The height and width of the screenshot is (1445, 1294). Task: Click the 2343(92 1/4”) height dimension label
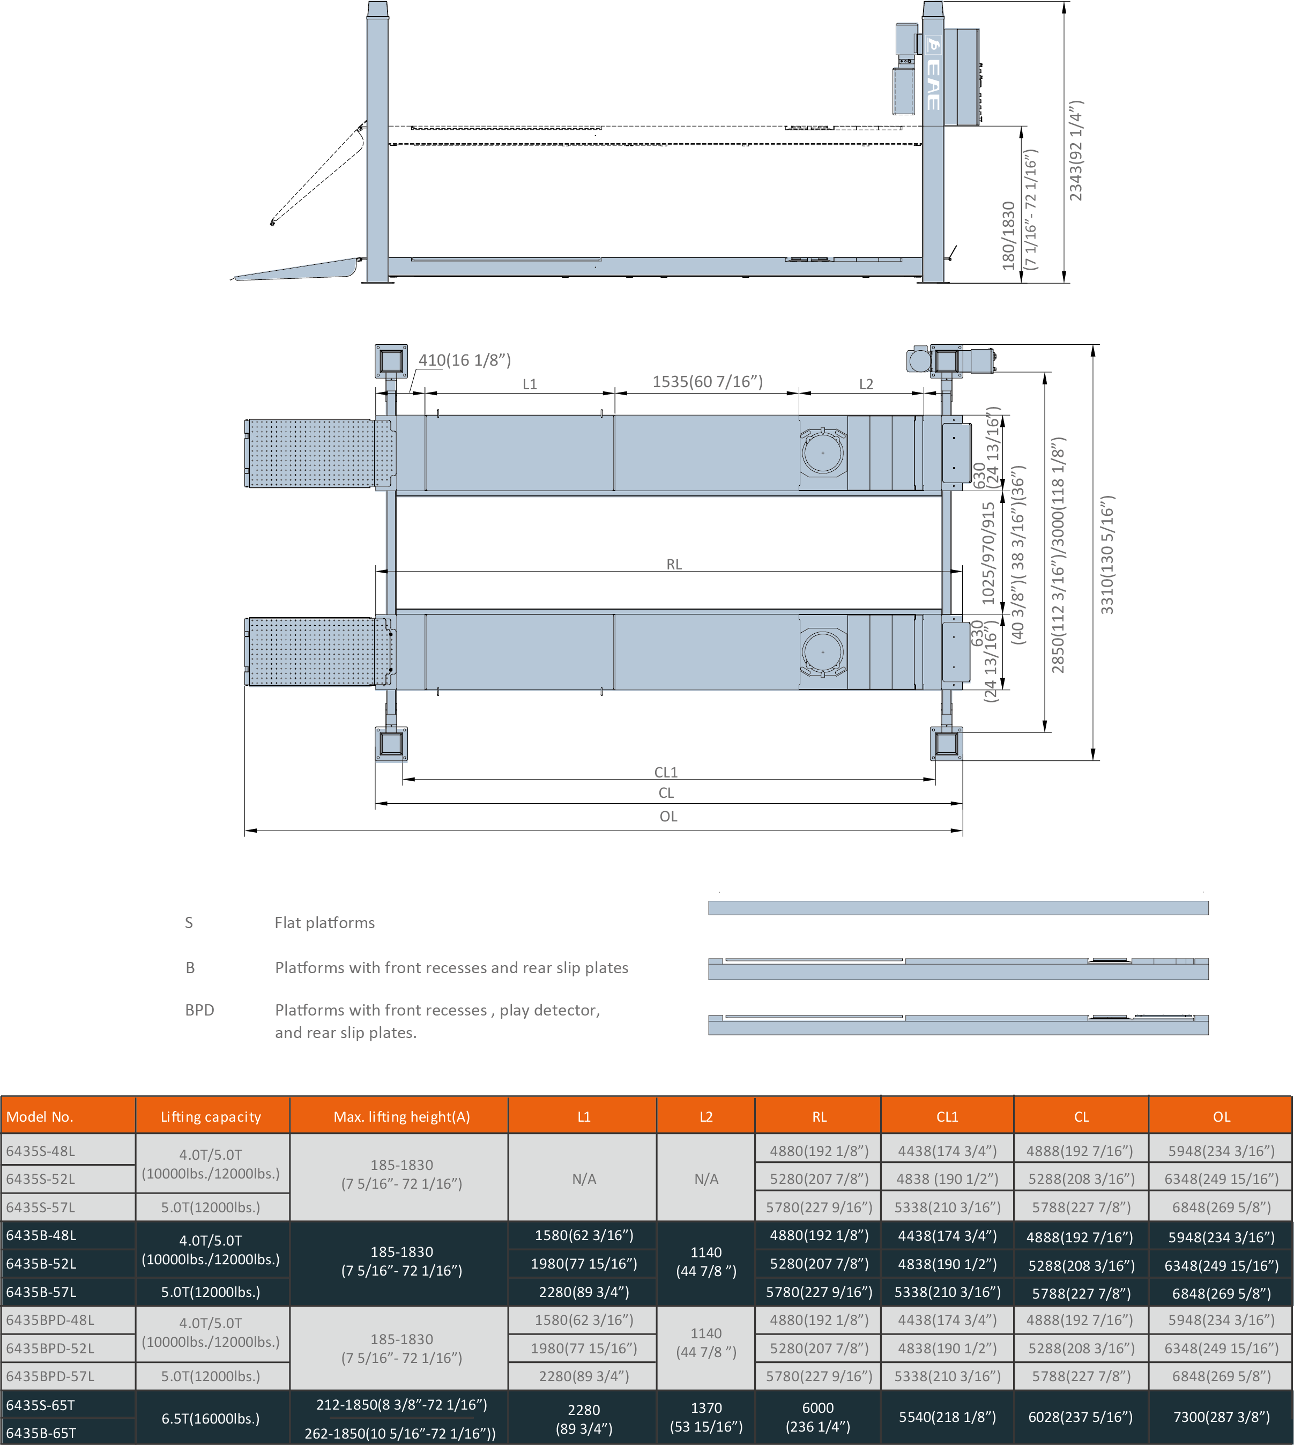coord(1076,151)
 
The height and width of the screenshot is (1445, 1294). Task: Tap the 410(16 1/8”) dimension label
coord(464,360)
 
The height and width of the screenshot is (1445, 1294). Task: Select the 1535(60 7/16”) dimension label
coord(708,382)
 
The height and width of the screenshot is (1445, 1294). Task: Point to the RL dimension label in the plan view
coord(674,564)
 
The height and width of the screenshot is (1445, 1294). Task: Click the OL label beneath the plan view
coord(668,817)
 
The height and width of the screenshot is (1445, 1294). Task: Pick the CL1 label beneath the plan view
coord(666,772)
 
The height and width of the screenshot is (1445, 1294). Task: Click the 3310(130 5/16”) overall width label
coord(1107,554)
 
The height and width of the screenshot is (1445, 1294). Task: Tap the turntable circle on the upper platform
coord(823,453)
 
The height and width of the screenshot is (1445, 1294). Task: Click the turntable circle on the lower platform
coord(823,652)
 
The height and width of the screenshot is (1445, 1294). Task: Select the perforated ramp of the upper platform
coord(313,454)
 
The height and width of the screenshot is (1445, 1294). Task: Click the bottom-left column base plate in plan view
coord(391,744)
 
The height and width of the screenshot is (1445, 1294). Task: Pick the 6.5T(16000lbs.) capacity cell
coord(211,1418)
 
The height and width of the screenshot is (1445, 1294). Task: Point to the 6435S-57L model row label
coord(41,1207)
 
